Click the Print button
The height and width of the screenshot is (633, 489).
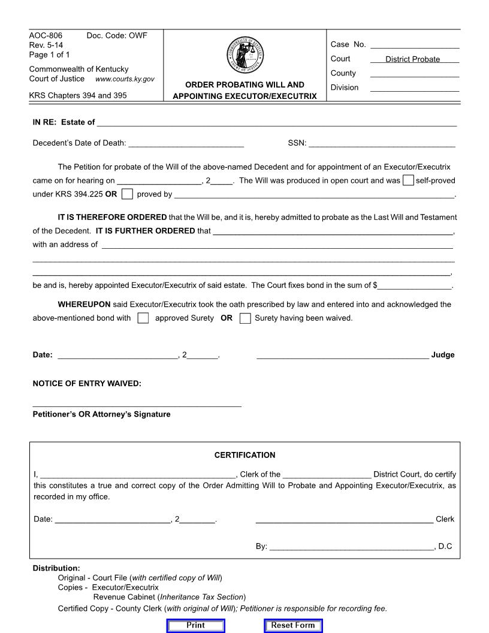[195, 625]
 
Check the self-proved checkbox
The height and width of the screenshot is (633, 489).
[408, 180]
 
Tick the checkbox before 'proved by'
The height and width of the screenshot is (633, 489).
[127, 194]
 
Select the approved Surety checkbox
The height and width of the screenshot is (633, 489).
[143, 318]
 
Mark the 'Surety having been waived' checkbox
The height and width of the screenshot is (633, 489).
[244, 318]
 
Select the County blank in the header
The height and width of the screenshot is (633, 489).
[415, 73]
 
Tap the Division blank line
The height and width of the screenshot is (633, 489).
[415, 88]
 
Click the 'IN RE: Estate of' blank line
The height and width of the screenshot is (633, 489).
[276, 122]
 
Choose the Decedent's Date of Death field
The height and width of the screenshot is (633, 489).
[186, 143]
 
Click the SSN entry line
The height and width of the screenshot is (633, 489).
[382, 143]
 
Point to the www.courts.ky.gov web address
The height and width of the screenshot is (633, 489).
[125, 79]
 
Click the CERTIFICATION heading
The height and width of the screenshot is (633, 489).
[244, 455]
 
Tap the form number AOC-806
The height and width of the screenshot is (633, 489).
[46, 35]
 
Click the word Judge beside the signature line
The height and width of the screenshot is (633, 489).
[443, 355]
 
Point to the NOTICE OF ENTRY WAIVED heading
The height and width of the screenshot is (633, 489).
[87, 384]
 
